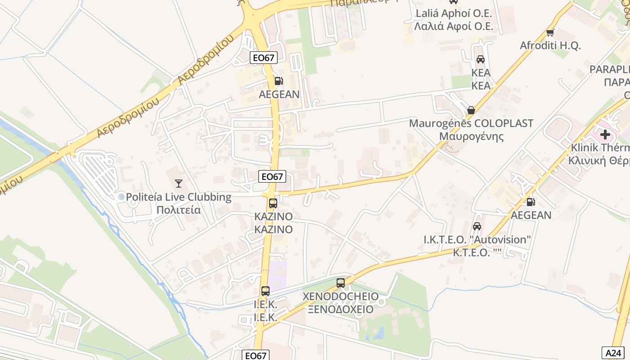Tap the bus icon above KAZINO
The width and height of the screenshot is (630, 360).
point(273,203)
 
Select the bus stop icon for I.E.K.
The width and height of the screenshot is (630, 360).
point(265,291)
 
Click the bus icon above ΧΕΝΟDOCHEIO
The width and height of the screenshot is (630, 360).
point(341,283)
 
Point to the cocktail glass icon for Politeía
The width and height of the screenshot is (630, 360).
point(179,183)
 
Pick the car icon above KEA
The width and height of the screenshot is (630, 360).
point(481,59)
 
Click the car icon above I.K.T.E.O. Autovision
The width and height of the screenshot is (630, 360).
point(477,226)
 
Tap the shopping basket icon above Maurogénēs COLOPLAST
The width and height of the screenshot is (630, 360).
point(471,110)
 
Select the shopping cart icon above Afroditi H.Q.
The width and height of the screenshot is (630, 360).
point(550,32)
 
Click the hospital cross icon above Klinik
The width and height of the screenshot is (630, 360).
point(605,134)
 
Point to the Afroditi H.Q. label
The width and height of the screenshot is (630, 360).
point(550,45)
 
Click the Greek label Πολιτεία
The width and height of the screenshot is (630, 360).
point(178,210)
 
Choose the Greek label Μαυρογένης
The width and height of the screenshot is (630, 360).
point(471,136)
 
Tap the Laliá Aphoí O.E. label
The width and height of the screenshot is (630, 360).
point(454,13)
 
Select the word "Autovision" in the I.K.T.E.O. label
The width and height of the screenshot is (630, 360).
point(501,239)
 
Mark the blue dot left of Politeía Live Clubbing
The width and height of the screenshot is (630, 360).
point(121,197)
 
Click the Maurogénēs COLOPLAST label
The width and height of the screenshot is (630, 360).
point(471,123)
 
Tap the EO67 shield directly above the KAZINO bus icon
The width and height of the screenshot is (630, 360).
point(272,177)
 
